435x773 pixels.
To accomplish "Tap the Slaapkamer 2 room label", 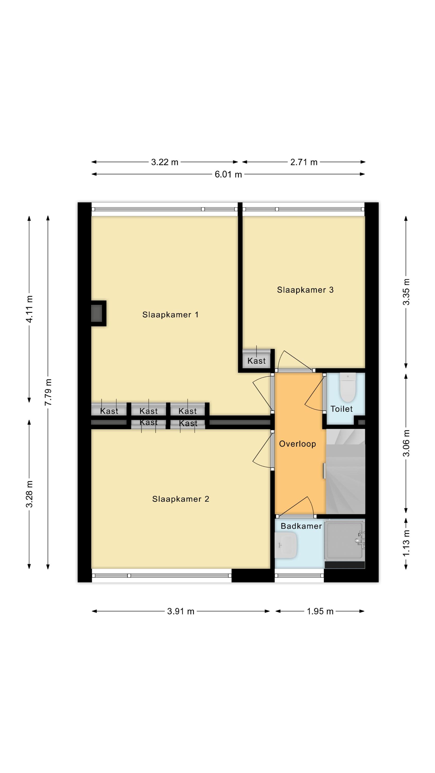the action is tap(180, 499).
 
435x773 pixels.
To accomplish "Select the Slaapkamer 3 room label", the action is tap(305, 290).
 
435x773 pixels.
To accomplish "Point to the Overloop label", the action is tap(297, 444).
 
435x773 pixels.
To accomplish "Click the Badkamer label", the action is tap(301, 526).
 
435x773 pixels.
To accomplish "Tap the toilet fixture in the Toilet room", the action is tap(348, 387).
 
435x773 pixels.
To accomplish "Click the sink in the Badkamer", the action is tap(286, 545).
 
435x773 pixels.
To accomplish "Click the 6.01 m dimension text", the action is tap(228, 174).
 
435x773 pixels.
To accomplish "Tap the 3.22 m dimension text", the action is tap(164, 162).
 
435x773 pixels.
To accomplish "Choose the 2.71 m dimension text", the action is tap(304, 162).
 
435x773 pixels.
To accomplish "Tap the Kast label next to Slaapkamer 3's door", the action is tap(256, 361).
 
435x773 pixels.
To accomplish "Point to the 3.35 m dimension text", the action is tap(406, 292).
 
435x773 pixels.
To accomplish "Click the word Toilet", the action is tap(341, 409).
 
